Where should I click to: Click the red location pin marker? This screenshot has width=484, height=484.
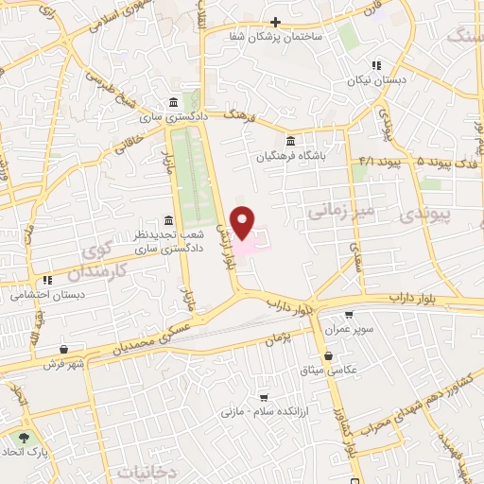click(244, 221)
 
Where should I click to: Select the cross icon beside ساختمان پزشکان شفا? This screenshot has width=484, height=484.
click(276, 22)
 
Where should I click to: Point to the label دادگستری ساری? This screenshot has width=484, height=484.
click(171, 118)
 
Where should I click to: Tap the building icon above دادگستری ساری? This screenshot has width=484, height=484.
click(171, 103)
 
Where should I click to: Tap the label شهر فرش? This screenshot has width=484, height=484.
click(63, 363)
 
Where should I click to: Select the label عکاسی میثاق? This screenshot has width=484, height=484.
click(329, 370)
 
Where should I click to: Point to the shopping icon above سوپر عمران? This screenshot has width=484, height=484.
click(350, 316)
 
